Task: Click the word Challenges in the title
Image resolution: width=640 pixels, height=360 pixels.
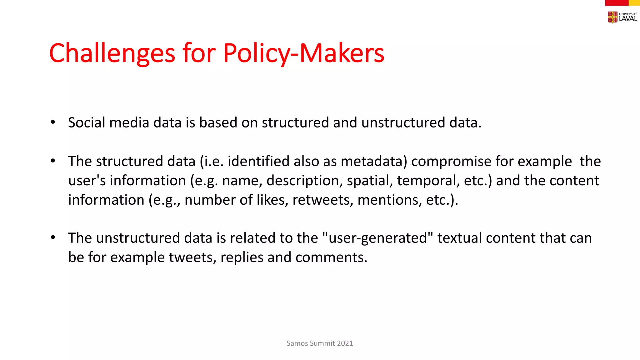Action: pyautogui.click(x=112, y=53)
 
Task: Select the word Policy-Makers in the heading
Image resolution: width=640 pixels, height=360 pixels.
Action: pyautogui.click(x=303, y=53)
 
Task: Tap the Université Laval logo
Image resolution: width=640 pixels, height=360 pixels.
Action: pyautogui.click(x=622, y=17)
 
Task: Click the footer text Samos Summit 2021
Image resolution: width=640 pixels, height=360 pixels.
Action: pyautogui.click(x=320, y=343)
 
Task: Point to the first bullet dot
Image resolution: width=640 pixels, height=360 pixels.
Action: pyautogui.click(x=53, y=122)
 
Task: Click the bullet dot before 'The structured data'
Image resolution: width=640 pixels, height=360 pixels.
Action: pyautogui.click(x=53, y=161)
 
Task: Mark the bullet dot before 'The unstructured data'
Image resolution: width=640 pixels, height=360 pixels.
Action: pyautogui.click(x=53, y=238)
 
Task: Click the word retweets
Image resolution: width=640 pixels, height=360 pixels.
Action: pyautogui.click(x=321, y=200)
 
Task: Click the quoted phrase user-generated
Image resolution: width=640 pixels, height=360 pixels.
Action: pyautogui.click(x=378, y=238)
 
